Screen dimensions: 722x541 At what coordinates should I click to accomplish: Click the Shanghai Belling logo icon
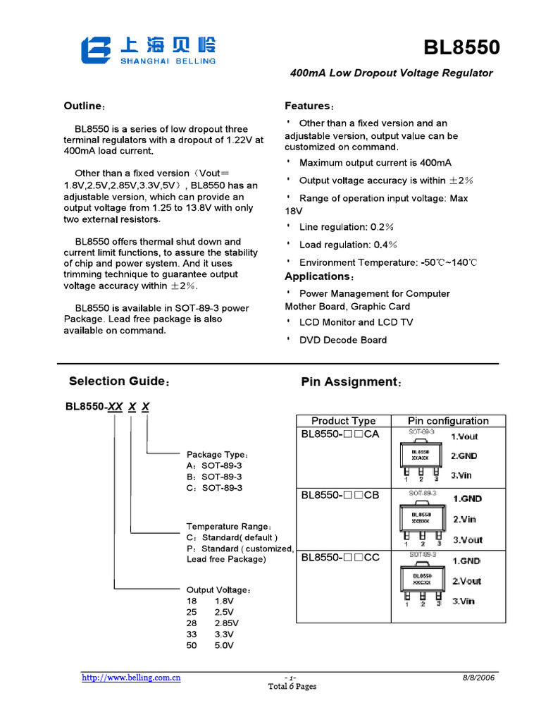tap(96, 51)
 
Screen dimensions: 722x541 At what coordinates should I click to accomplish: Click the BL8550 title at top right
tap(461, 48)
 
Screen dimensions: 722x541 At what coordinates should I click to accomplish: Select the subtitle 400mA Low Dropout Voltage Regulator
tap(392, 73)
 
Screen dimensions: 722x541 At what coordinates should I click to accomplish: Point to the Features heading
tap(309, 106)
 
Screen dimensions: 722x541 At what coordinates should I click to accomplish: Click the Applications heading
tap(318, 276)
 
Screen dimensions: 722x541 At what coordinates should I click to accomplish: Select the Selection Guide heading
tap(118, 381)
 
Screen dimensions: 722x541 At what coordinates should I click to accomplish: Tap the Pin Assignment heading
tap(350, 382)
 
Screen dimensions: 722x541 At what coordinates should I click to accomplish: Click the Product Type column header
tap(343, 421)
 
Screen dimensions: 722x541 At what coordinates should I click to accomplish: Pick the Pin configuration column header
tap(448, 421)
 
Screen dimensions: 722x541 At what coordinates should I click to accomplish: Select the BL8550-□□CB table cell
tap(340, 496)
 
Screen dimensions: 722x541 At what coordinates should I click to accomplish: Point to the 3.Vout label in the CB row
tap(468, 540)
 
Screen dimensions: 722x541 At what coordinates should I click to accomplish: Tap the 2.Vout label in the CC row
tap(466, 581)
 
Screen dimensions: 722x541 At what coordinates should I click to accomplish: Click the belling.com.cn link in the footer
tap(132, 678)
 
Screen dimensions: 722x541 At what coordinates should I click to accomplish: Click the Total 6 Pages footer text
tap(292, 687)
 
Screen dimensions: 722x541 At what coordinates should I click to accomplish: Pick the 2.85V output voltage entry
tap(226, 623)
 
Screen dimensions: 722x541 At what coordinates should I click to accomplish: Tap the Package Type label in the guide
tap(216, 455)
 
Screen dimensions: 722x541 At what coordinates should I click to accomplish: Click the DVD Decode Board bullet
tap(342, 340)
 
